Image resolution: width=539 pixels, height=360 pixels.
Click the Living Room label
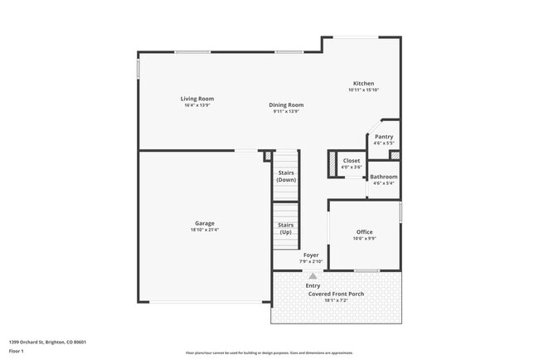point(197,99)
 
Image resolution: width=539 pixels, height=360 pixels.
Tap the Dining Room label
point(285,105)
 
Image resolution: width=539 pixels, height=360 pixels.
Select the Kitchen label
point(363,83)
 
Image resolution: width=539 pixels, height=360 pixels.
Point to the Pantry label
point(383,137)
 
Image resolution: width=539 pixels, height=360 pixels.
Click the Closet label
point(352,160)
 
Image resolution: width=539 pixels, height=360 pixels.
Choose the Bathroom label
point(383,177)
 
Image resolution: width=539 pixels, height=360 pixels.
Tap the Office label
point(364,231)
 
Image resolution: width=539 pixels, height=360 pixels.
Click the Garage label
point(205,223)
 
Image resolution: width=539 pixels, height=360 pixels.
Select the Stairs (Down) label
point(286,176)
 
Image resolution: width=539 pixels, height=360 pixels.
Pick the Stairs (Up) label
point(285,228)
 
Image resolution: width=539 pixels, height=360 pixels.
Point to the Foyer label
point(311,255)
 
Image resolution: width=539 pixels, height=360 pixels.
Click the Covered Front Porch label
point(336,294)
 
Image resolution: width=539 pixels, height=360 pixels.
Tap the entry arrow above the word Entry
point(313,276)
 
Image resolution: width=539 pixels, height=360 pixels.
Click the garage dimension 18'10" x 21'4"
point(205,230)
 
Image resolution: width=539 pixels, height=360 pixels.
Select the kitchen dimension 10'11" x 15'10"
point(363,90)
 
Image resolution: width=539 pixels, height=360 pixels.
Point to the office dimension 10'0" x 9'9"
point(364,239)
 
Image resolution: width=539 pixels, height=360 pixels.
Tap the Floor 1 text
point(17,351)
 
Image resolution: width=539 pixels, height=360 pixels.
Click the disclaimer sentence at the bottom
point(269,353)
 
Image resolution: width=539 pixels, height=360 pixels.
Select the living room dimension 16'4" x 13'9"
point(197,105)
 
